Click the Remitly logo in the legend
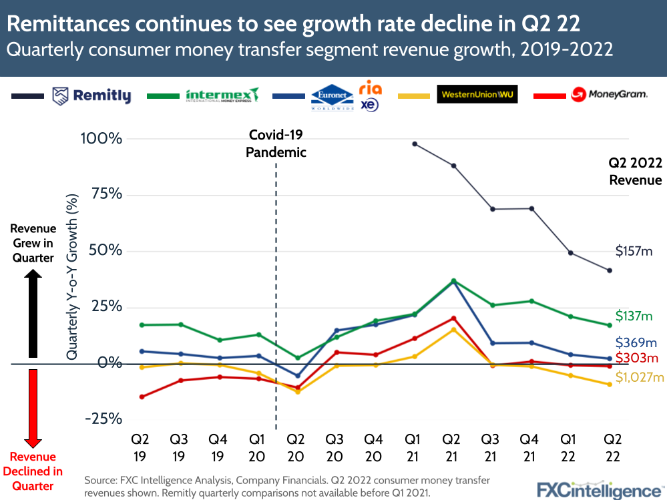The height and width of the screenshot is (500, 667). [x=92, y=96]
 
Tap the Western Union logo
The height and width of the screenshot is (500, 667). [x=477, y=94]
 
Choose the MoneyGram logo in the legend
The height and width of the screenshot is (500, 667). [x=609, y=95]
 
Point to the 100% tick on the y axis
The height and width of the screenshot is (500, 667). [x=102, y=139]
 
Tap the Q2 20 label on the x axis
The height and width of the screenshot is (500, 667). [x=296, y=448]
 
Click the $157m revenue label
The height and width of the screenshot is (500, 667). [x=634, y=251]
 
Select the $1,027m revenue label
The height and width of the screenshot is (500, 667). [x=639, y=378]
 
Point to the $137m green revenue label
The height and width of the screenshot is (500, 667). [x=634, y=316]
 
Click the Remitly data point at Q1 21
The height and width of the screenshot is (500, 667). [x=415, y=144]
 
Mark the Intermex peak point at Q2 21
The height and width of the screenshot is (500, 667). [x=453, y=281]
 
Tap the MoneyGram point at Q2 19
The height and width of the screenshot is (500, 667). [x=141, y=397]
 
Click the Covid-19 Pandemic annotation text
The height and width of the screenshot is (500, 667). [x=276, y=144]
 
